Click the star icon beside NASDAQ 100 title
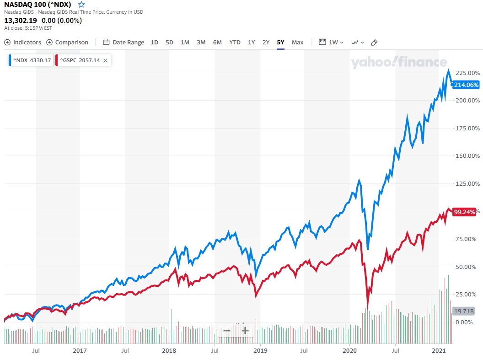tap(81, 5)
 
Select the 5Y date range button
tap(280, 43)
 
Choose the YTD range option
tap(235, 43)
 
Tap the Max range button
tap(297, 43)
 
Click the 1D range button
tap(155, 43)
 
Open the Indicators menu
tap(23, 43)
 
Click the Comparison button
tap(67, 43)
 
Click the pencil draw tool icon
tap(374, 43)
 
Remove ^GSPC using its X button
tap(105, 60)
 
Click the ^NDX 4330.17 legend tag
tap(30, 60)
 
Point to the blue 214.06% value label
tap(466, 85)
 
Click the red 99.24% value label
tap(464, 212)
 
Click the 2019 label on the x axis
tap(260, 351)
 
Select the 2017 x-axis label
tap(80, 351)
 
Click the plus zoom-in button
tap(245, 331)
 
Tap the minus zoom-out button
tap(227, 331)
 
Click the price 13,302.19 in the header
tap(21, 21)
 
